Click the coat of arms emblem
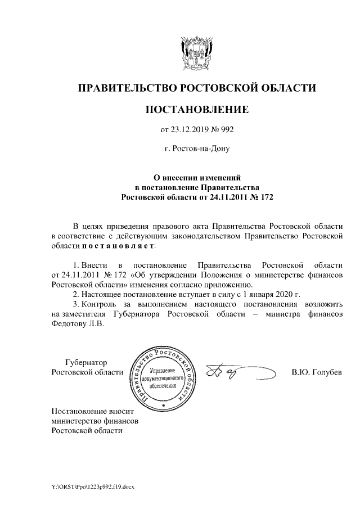[196, 53]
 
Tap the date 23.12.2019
[189, 130]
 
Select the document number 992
[226, 130]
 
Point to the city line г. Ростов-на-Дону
[197, 149]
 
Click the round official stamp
[163, 375]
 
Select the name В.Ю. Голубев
[316, 372]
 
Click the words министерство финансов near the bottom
[94, 420]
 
